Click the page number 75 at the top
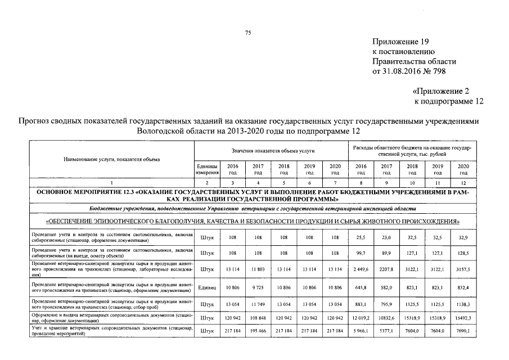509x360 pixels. tap(247, 33)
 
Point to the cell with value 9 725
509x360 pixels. tap(258, 288)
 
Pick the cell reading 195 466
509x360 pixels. tap(258, 332)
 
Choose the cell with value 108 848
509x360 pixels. tap(258, 318)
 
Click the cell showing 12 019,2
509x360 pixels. tap(360, 318)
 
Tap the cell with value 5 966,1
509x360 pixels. tap(360, 332)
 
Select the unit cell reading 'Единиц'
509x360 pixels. tap(208, 288)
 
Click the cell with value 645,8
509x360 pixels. tap(360, 288)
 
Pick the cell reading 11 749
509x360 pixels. tap(258, 304)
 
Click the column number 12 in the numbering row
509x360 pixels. tap(463, 183)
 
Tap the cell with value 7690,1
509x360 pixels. tap(462, 332)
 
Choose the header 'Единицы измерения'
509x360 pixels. tap(208, 169)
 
